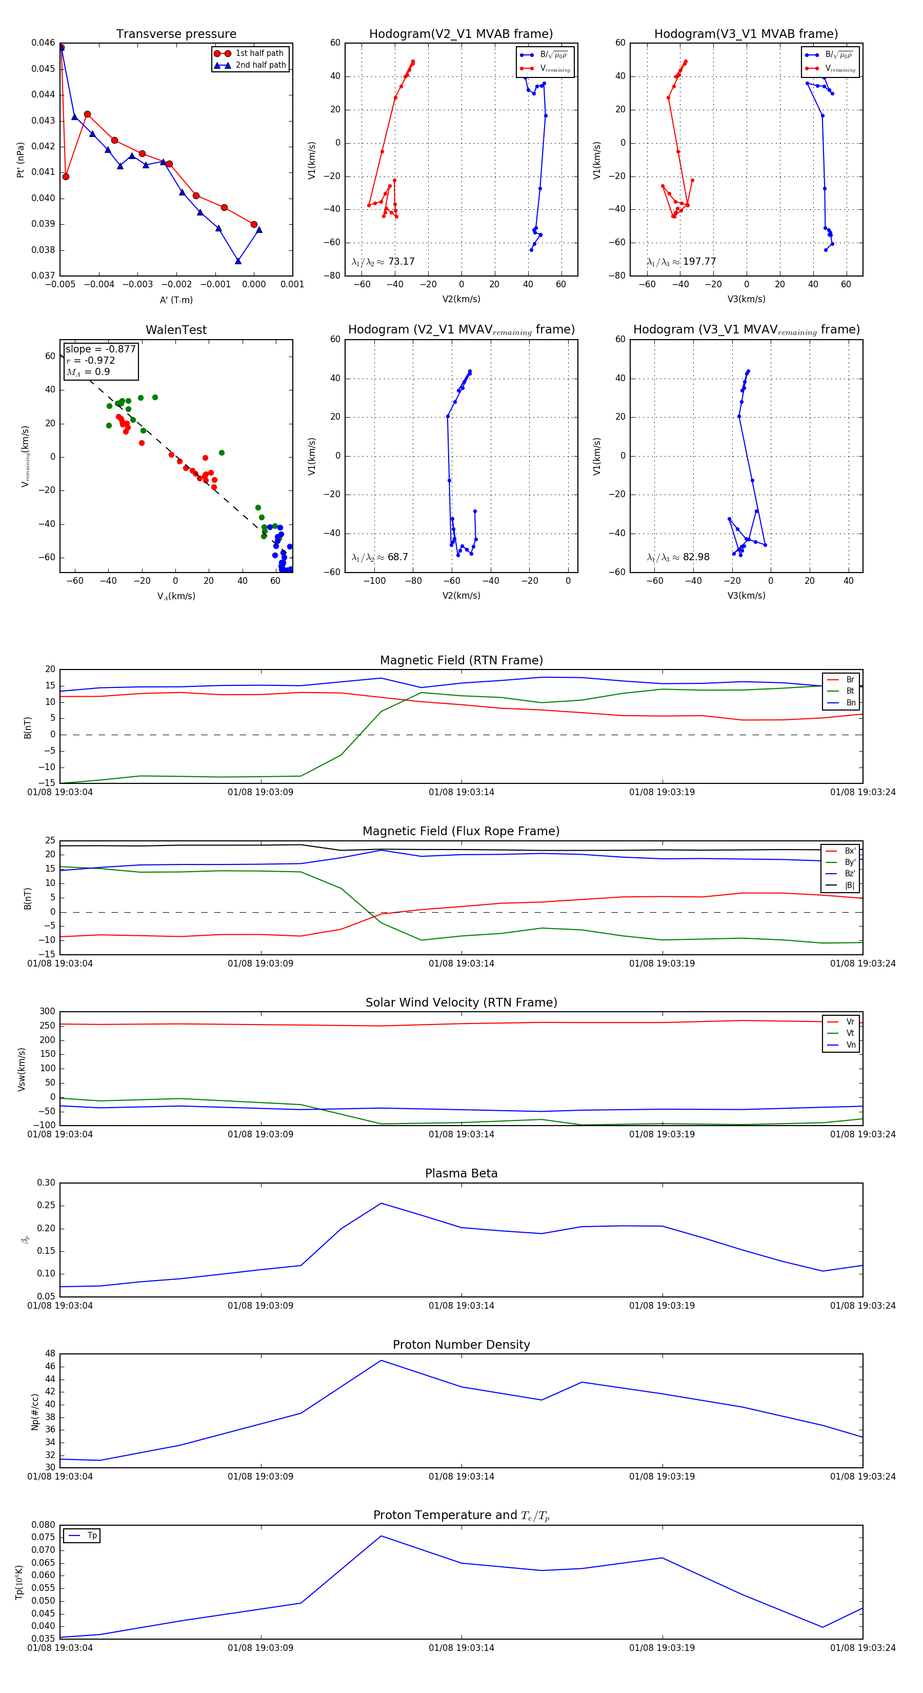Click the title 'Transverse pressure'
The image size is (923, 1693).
176,34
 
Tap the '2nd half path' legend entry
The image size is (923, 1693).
260,65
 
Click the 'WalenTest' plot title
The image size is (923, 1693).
176,330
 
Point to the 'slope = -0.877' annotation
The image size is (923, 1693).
101,349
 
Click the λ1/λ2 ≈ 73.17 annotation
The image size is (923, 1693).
383,262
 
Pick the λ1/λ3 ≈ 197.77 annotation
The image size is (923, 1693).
681,262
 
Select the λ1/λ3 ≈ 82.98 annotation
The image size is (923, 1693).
678,557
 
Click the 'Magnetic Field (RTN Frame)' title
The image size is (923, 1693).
461,660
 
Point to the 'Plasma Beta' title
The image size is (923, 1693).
461,1174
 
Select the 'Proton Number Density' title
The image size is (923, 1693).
461,1345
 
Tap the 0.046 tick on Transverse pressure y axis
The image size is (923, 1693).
44,43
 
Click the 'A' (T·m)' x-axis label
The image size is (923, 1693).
176,300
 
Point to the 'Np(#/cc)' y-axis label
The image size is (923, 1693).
35,1412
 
